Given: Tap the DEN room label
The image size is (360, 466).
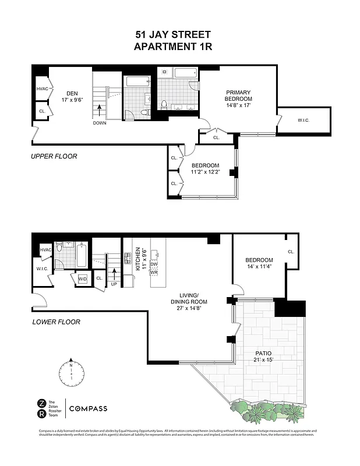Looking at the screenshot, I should click(x=72, y=93).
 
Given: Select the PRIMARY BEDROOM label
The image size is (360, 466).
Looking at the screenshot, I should click(x=239, y=96).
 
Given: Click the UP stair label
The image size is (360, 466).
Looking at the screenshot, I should click(x=114, y=284).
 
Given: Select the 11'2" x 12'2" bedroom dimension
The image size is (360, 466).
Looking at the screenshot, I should click(x=206, y=172).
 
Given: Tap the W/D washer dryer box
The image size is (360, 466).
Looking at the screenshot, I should click(x=83, y=279).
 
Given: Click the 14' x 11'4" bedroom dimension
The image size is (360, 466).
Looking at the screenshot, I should click(x=258, y=267).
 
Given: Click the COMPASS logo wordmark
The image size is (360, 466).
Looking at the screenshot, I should click(x=88, y=409).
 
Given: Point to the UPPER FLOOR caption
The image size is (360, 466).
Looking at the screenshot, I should click(x=54, y=156).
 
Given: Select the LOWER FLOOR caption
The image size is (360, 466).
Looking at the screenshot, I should click(x=56, y=322).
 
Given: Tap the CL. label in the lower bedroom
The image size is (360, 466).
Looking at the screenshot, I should click(x=290, y=252).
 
